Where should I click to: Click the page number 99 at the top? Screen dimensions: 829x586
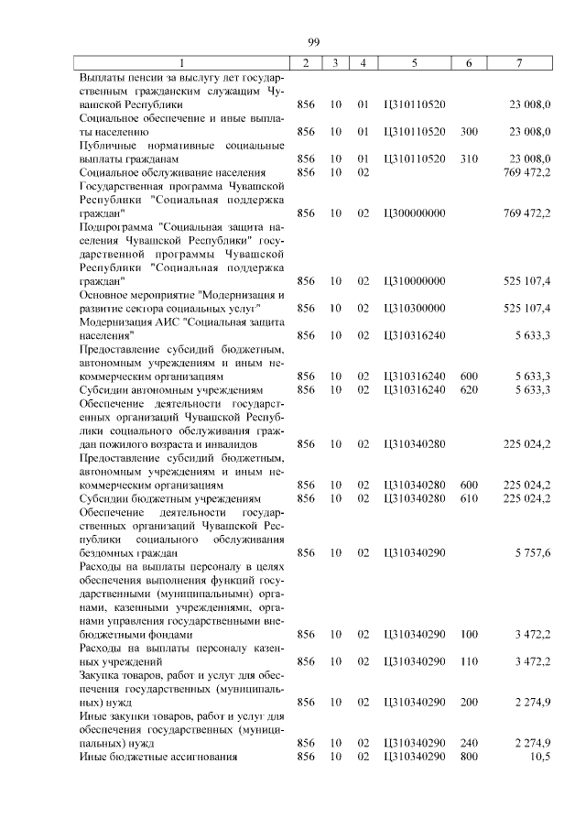pos(312,42)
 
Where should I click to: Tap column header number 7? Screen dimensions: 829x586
pos(519,63)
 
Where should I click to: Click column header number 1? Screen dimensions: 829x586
pos(181,63)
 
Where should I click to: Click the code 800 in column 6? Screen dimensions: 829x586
pos(469,757)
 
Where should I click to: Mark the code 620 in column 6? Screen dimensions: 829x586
pos(469,389)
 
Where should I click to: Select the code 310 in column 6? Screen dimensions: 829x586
pos(469,158)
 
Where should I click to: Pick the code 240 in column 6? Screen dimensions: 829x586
pos(469,743)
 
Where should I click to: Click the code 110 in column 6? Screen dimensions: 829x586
pos(469,660)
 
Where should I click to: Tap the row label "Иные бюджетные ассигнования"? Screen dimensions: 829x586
pos(158,757)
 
